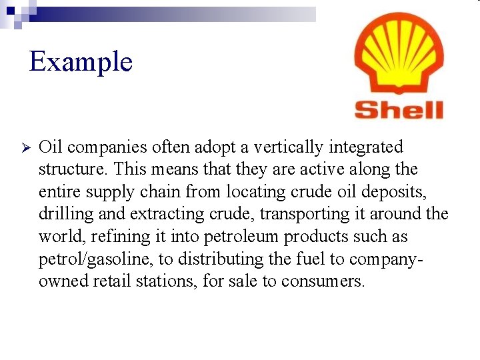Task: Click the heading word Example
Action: coord(81,62)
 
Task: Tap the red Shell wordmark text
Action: coord(399,109)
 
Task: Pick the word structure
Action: coord(71,169)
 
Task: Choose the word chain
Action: coord(159,192)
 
